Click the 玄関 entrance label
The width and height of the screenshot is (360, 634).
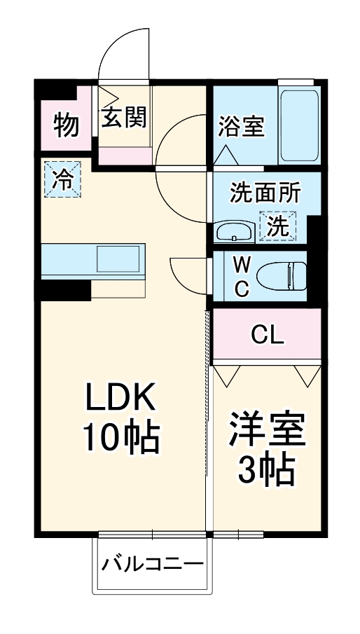point(124,118)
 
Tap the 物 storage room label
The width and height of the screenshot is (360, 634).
point(67,125)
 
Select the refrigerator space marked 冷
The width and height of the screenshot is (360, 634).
point(62,179)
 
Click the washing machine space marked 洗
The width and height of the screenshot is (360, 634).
point(278,226)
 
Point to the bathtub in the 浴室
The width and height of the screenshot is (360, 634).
point(299,126)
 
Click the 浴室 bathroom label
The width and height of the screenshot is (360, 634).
point(241,126)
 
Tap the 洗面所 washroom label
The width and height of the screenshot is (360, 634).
point(265,193)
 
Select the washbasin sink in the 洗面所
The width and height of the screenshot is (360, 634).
point(235,232)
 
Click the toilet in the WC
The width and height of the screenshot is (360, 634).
point(282,275)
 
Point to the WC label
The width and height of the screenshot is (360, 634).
point(242,277)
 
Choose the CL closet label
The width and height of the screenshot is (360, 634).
point(267,335)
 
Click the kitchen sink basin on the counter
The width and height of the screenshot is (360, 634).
point(118,259)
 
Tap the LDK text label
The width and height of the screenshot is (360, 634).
point(120,399)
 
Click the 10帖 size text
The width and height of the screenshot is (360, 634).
point(122,438)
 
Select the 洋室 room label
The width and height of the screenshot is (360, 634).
point(267,429)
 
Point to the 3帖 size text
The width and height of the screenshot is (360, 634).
point(266,469)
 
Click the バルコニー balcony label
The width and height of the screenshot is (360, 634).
point(152,564)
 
